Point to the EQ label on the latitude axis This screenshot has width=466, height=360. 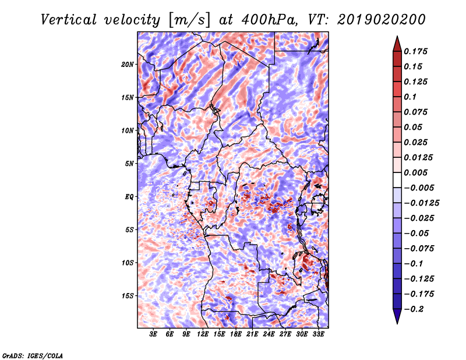(129, 197)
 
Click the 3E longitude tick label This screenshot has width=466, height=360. (154, 334)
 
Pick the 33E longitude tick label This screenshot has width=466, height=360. (319, 334)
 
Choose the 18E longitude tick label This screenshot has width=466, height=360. (236, 334)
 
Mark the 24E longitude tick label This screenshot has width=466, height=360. (269, 334)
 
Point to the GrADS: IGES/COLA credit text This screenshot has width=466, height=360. (33, 355)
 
